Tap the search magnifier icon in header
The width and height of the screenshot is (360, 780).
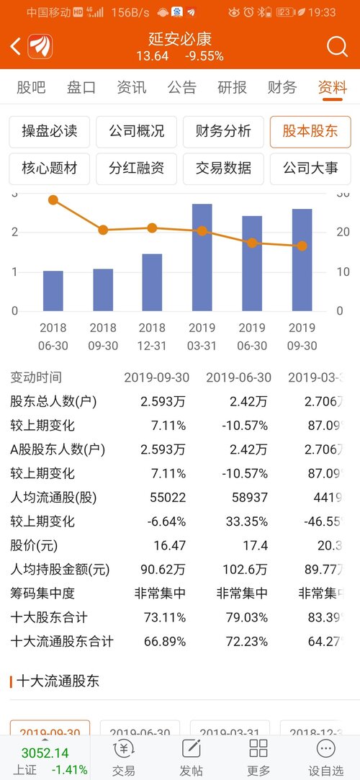click(x=337, y=47)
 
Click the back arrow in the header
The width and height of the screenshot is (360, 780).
click(x=15, y=48)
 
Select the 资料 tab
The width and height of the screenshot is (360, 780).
click(x=333, y=88)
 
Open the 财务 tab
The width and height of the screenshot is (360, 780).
click(x=282, y=88)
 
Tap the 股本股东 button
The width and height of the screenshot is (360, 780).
click(x=310, y=132)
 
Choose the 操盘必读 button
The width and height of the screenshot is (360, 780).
click(x=50, y=132)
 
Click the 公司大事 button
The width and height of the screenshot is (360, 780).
click(x=310, y=169)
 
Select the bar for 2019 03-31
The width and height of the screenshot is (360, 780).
click(x=202, y=258)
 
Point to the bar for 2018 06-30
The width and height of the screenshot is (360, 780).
click(x=53, y=291)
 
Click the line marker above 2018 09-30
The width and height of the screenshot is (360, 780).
click(x=103, y=230)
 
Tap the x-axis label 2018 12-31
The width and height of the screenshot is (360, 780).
click(x=152, y=336)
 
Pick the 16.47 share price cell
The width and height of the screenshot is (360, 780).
click(x=170, y=545)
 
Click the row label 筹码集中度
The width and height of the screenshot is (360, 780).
click(x=42, y=593)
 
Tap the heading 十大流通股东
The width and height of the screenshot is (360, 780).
click(x=60, y=681)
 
